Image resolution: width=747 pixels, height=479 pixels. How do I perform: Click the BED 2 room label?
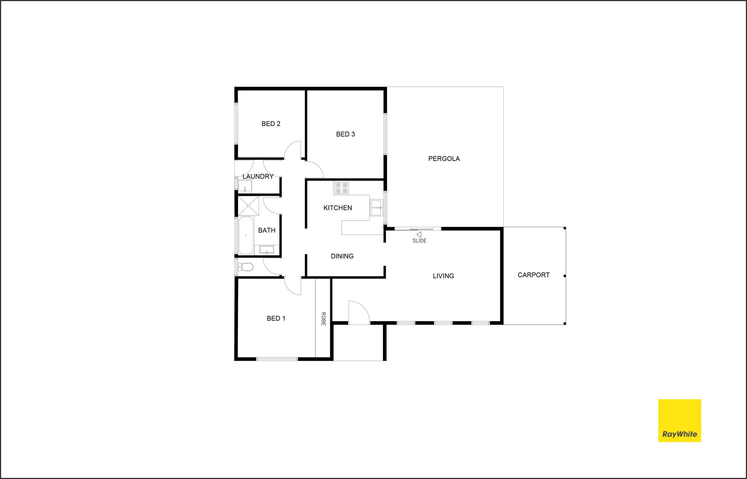[271, 124]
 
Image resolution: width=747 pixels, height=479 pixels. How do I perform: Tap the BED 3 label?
[345, 134]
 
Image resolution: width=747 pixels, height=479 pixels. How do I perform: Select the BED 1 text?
[276, 318]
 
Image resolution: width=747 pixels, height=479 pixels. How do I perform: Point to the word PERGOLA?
[444, 159]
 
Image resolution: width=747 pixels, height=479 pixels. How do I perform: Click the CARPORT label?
[534, 275]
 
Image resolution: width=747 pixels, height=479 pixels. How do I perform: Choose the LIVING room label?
[444, 276]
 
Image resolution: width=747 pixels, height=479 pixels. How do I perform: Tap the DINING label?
[342, 256]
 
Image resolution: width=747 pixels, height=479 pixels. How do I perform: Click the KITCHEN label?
[338, 208]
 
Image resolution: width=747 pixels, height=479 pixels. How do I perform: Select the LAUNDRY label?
[258, 176]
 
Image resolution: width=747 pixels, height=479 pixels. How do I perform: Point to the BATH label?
[267, 230]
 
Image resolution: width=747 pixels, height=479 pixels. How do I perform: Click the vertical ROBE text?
[323, 319]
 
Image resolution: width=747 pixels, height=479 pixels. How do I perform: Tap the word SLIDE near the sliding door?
[419, 241]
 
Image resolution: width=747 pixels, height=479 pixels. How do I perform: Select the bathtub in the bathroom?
[246, 235]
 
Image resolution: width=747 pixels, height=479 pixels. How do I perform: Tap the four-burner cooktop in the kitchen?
[341, 188]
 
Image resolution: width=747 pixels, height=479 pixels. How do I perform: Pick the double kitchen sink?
[376, 207]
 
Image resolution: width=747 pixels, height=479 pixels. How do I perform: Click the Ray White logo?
[680, 421]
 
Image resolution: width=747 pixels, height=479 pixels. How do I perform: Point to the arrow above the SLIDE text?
[419, 235]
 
